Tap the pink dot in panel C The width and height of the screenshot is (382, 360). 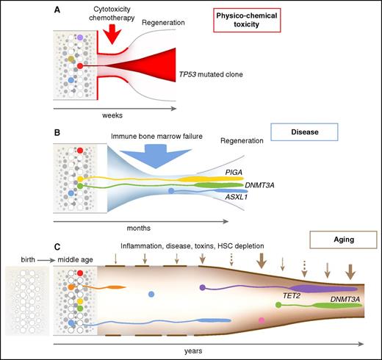click(261, 321)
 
